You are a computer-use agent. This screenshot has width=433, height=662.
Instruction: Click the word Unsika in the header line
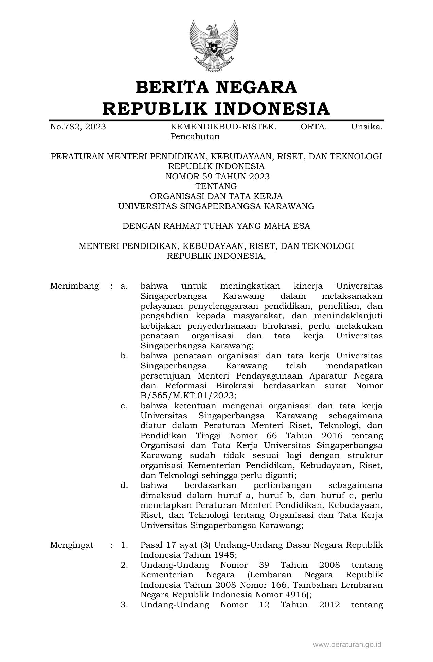point(367,127)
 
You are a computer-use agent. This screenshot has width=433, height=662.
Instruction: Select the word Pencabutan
point(195,137)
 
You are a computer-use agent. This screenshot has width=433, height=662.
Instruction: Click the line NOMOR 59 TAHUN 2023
point(217,177)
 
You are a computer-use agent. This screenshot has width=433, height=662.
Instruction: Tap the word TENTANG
point(216,186)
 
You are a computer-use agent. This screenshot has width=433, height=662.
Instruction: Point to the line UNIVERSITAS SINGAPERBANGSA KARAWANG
point(216,206)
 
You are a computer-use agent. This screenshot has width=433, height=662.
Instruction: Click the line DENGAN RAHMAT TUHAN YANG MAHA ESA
point(216,226)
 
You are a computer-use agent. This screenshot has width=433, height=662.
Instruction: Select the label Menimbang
point(74,286)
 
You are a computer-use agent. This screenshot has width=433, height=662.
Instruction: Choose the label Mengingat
point(72,545)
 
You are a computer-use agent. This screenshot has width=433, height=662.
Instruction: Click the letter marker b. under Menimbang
point(124,356)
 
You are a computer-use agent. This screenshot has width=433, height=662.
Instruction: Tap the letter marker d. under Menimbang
point(124,485)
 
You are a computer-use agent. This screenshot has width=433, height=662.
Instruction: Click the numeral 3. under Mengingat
point(124,605)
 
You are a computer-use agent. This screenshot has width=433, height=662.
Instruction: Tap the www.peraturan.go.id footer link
point(347,644)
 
